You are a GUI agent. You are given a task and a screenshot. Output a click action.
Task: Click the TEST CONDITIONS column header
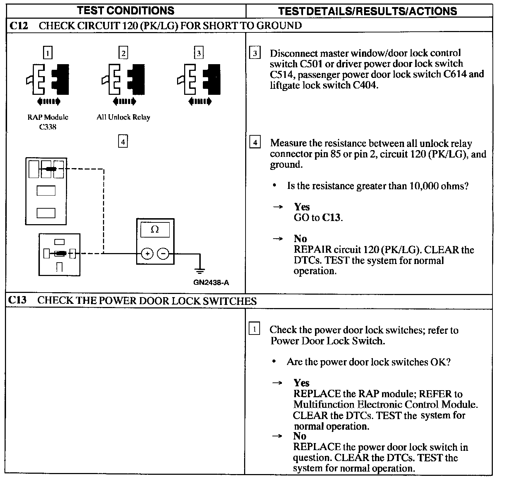click(126, 11)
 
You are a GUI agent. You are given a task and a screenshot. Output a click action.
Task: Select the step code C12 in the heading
click(19, 25)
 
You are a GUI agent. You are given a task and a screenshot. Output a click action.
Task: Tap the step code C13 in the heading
click(17, 300)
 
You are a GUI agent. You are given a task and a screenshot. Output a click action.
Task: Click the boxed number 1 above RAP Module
click(48, 53)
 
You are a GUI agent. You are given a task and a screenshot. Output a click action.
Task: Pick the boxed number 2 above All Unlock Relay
click(123, 53)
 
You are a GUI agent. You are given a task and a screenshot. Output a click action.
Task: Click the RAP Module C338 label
click(48, 122)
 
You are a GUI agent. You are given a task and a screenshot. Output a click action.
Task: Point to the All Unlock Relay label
click(123, 117)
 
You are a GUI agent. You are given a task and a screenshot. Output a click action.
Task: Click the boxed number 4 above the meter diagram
click(123, 142)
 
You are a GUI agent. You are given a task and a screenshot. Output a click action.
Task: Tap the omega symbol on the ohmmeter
click(155, 230)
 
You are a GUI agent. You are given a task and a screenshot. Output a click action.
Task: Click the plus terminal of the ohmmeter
click(147, 253)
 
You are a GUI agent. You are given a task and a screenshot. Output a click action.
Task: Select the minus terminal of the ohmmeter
click(163, 253)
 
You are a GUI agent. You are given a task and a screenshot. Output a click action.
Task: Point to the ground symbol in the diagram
click(200, 271)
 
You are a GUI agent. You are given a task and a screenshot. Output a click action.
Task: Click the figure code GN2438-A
click(211, 283)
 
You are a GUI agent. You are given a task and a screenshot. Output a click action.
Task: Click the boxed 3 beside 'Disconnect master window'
click(255, 54)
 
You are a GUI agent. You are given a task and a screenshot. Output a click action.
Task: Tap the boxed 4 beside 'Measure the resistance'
click(255, 143)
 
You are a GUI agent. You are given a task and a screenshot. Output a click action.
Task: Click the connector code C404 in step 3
click(365, 85)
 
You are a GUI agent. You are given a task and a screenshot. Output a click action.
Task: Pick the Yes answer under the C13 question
click(302, 383)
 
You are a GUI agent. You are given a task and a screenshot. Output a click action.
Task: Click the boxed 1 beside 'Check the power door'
click(255, 329)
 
